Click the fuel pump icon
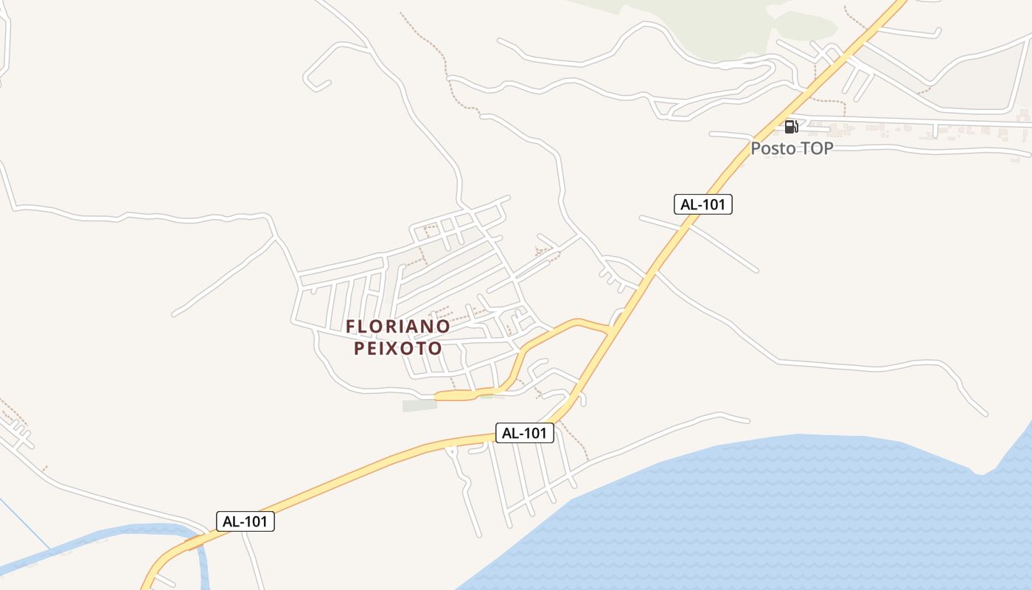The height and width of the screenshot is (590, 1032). (x=791, y=126)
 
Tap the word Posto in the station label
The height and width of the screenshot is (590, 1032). (x=773, y=148)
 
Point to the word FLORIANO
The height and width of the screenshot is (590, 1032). (x=398, y=326)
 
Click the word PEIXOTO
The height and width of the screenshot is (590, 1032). (x=398, y=348)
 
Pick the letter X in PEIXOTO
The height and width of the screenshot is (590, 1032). (x=401, y=348)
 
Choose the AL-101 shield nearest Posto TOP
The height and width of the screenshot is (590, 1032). (x=702, y=204)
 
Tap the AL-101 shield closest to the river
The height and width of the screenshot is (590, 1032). (x=245, y=521)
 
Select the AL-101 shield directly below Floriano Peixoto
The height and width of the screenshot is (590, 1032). (x=524, y=433)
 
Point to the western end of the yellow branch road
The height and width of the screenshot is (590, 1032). (x=438, y=397)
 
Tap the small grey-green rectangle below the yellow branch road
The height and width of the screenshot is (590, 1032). (x=419, y=406)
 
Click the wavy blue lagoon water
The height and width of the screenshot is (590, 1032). (x=774, y=516)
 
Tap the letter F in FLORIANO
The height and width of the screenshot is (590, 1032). (x=352, y=326)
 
